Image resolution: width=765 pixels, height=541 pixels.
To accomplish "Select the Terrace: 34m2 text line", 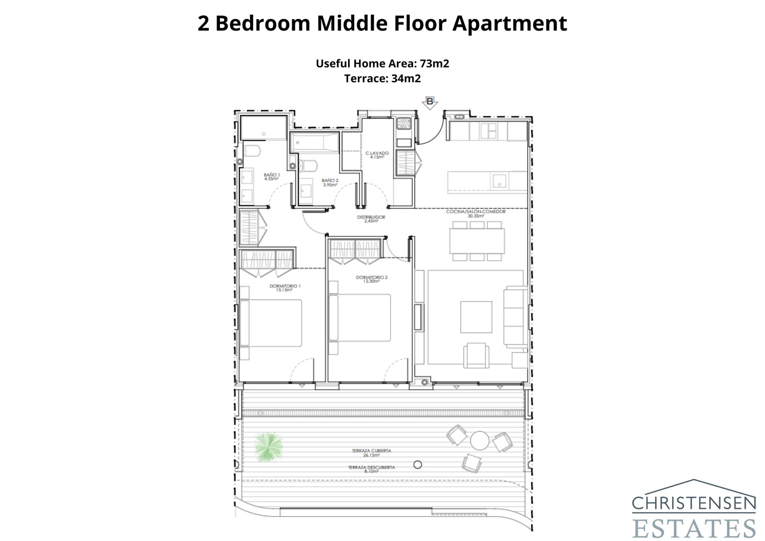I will [382, 78].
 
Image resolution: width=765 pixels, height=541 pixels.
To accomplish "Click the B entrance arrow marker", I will [429, 102].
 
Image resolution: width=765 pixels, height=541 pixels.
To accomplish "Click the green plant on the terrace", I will [269, 447].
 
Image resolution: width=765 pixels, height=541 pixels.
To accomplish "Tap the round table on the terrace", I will [480, 441].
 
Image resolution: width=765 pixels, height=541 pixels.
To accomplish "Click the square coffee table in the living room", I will [476, 317].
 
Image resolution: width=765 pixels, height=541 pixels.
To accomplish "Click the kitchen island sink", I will [500, 181].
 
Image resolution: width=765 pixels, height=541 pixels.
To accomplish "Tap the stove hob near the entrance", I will [404, 124].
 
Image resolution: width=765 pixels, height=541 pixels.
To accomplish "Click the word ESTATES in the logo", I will [694, 528].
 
